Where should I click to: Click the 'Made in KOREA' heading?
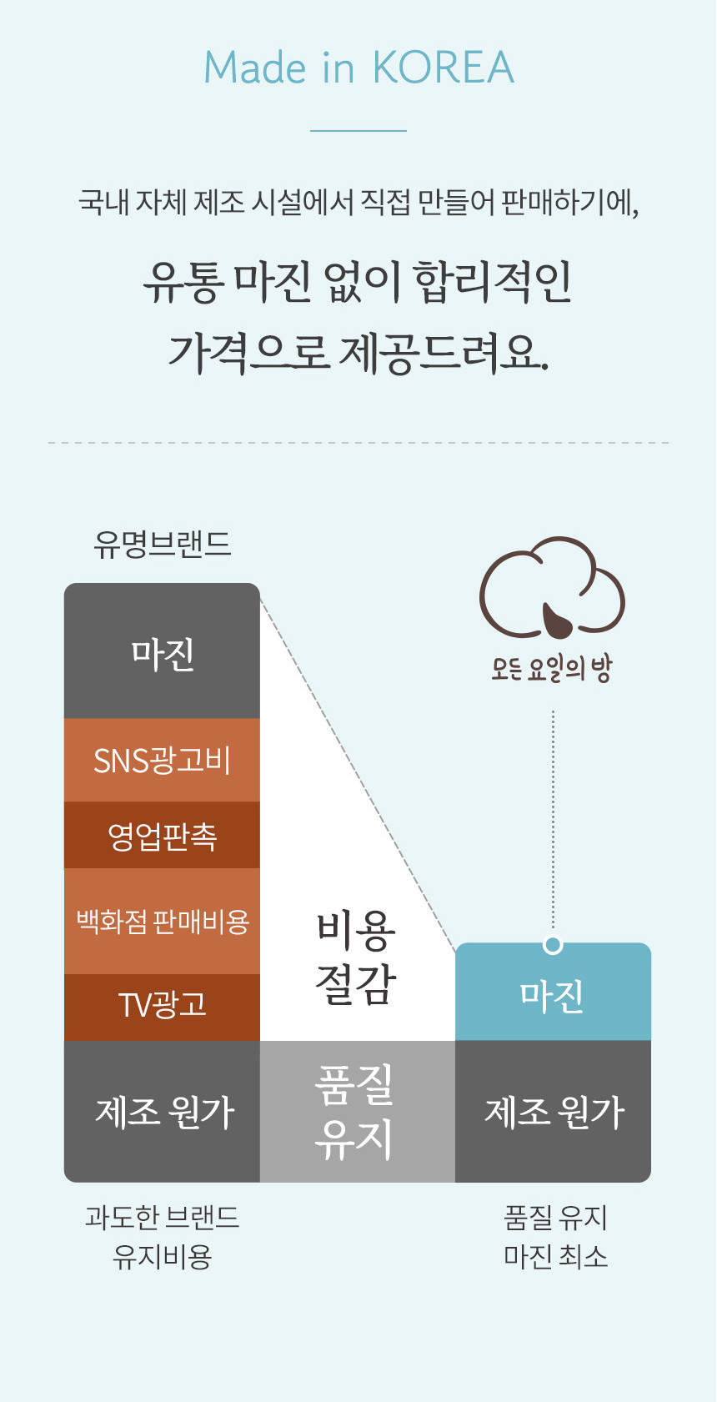click(x=358, y=68)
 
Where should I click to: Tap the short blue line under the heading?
click(x=358, y=131)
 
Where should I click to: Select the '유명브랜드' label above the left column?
click(x=163, y=544)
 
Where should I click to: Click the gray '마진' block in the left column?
click(x=162, y=651)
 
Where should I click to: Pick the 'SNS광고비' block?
click(x=162, y=760)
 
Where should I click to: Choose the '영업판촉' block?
click(x=162, y=835)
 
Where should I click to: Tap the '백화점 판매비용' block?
click(x=162, y=921)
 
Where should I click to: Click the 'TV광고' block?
click(x=162, y=1007)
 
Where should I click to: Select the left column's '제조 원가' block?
click(x=162, y=1112)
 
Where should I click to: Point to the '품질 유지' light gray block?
click(x=357, y=1112)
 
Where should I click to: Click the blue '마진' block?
click(x=553, y=992)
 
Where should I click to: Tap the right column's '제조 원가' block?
click(x=553, y=1112)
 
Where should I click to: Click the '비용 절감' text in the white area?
click(x=355, y=958)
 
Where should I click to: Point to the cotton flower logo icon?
click(x=552, y=589)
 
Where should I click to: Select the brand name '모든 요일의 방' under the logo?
click(x=551, y=668)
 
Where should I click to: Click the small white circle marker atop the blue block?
click(x=553, y=944)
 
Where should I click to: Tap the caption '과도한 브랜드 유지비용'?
click(x=162, y=1237)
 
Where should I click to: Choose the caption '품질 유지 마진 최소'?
click(x=555, y=1237)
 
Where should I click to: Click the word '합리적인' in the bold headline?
click(x=493, y=283)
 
